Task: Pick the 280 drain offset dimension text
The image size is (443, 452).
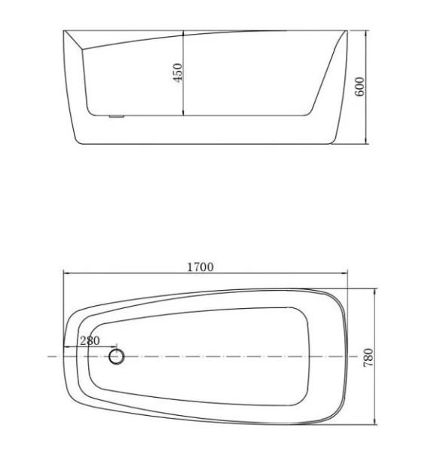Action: click(89, 341)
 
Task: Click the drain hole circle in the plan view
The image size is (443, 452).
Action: click(116, 356)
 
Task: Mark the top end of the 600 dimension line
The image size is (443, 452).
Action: click(366, 31)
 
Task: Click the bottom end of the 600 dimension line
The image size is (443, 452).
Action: click(366, 143)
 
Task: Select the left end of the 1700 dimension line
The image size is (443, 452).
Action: click(63, 275)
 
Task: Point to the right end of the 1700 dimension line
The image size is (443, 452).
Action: click(347, 275)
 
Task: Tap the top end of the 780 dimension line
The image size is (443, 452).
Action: click(374, 289)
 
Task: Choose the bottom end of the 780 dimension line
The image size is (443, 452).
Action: click(374, 422)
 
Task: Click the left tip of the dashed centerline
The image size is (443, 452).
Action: click(47, 356)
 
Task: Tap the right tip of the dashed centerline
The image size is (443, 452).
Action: click(364, 356)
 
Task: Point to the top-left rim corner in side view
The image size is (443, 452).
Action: click(64, 31)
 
